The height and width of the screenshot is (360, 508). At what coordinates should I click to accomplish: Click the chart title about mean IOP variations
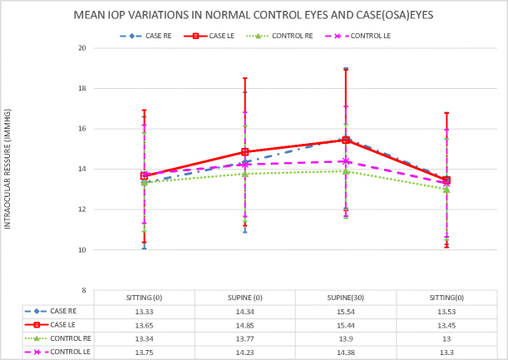(x=253, y=15)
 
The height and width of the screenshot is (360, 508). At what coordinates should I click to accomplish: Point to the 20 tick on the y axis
(x=81, y=48)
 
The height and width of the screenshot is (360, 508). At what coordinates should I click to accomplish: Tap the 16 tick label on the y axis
(x=81, y=129)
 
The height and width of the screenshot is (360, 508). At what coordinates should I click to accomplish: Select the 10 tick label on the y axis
(x=81, y=249)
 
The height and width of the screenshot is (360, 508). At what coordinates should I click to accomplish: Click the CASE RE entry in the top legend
(x=148, y=36)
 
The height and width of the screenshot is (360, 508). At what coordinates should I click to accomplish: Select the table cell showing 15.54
(x=345, y=311)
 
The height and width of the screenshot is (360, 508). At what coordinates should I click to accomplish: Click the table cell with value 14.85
(x=244, y=324)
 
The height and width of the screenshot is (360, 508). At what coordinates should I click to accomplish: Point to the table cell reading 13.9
(x=345, y=338)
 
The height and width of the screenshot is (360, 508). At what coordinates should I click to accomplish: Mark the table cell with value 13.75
(x=144, y=352)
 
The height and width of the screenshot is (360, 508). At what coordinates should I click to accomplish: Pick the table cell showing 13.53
(x=446, y=311)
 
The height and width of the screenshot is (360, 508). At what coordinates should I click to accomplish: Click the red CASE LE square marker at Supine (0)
(x=244, y=152)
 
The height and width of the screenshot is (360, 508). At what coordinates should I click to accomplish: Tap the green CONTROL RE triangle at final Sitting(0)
(x=446, y=190)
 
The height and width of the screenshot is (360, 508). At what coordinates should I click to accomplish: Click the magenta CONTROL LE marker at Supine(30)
(x=346, y=161)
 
